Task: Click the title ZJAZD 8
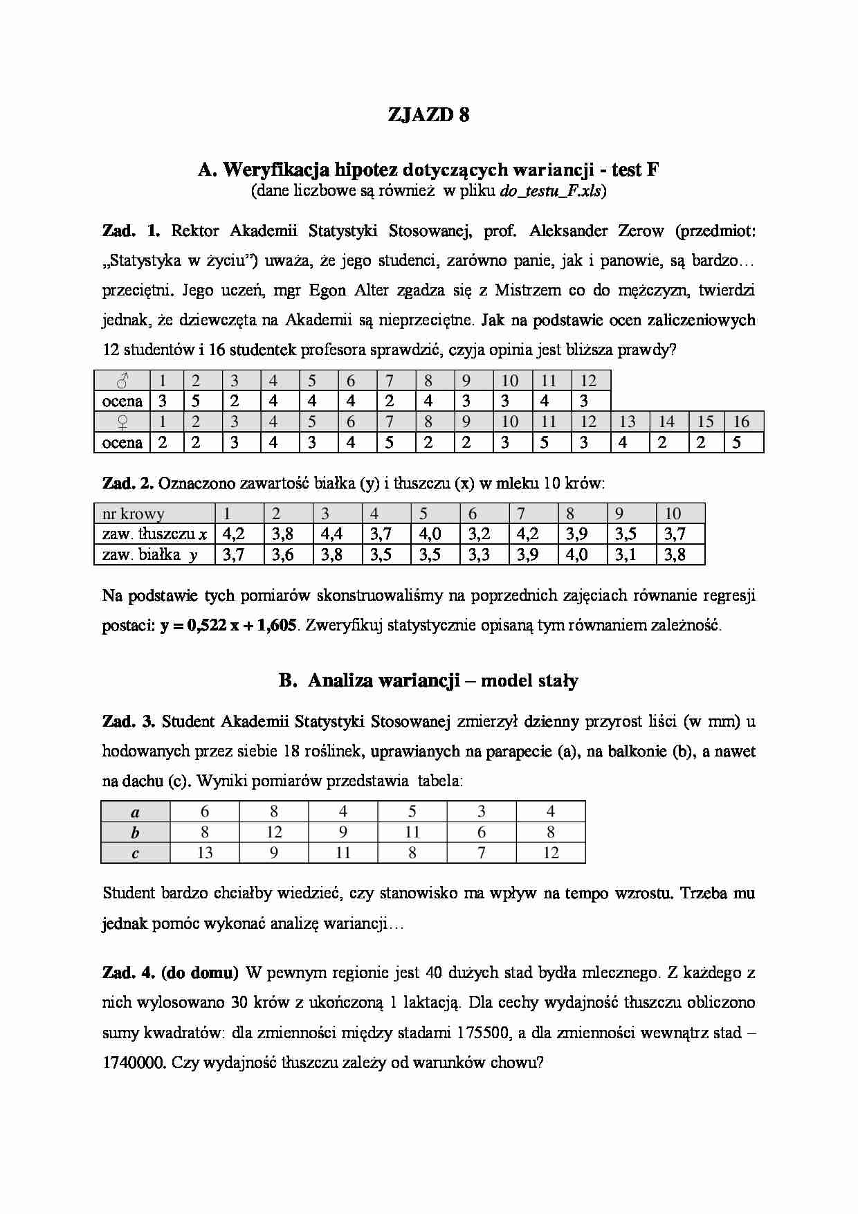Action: click(x=428, y=115)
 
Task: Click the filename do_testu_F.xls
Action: click(x=551, y=191)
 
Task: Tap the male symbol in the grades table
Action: click(x=122, y=380)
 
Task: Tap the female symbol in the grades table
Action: click(x=122, y=422)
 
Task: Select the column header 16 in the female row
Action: click(x=741, y=422)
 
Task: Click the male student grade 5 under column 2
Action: click(x=196, y=401)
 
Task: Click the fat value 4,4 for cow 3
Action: click(x=332, y=534)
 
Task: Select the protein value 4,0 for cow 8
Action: click(x=576, y=554)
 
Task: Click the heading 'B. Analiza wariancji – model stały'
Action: click(x=428, y=680)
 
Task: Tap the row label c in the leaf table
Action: click(x=135, y=853)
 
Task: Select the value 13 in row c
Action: click(x=205, y=853)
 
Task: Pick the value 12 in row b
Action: click(x=274, y=832)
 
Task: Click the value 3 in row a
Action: click(x=482, y=811)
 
